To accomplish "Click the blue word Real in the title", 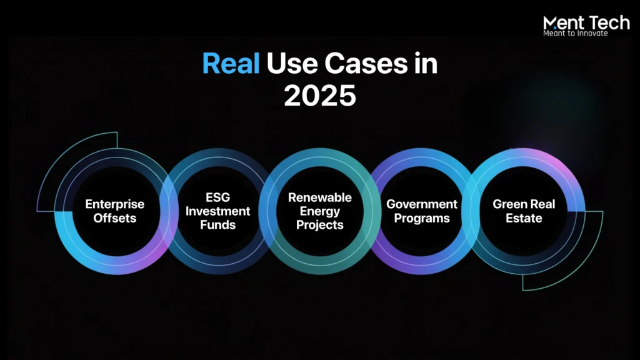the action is point(231,64).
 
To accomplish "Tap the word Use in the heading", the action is point(292,64).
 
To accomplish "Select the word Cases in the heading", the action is point(366,64).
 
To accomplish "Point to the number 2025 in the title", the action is point(320,96).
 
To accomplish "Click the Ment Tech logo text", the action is point(586,22).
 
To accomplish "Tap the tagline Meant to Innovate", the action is point(576,34).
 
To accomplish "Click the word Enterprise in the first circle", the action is point(115,204).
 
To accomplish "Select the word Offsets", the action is point(115,218).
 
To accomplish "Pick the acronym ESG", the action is point(217,197).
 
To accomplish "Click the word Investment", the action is point(217,211).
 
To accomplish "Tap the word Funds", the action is point(217,225).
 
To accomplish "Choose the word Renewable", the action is point(320,197).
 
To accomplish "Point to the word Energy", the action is point(320,211).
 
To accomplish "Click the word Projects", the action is point(320,225).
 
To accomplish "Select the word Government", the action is point(422,204).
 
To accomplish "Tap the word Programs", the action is point(422,218).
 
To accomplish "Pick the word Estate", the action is point(524,218).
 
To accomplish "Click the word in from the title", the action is point(426,64).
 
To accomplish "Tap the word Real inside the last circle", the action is point(542,204).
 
